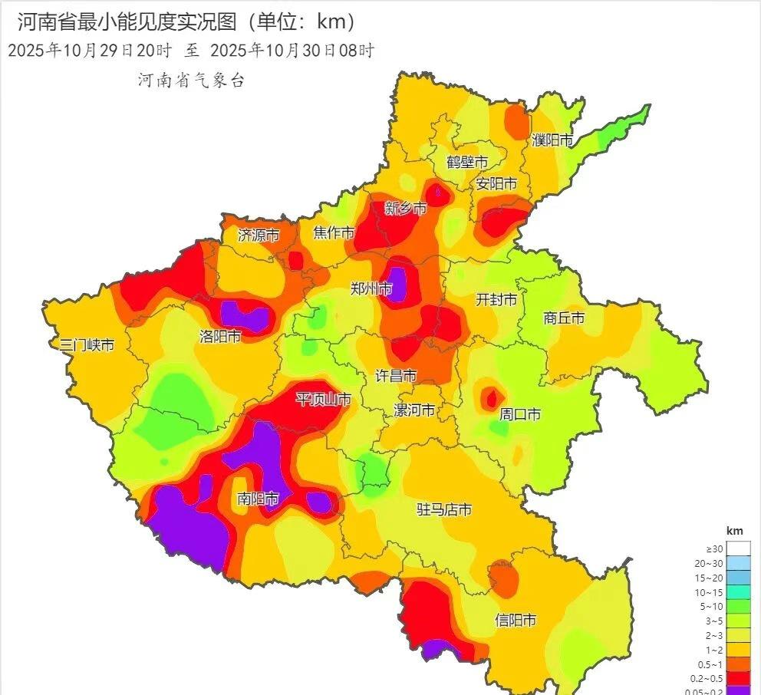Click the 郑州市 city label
point(371,288)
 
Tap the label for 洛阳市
point(220,336)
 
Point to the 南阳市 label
point(259,499)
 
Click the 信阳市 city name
point(515,621)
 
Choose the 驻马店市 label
point(443,509)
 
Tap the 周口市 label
point(519,414)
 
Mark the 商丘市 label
point(564,318)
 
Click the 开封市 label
point(496,299)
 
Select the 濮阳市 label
point(552,140)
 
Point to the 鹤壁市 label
point(467,162)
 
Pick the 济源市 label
point(258,235)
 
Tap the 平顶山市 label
point(323,399)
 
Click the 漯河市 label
point(414,410)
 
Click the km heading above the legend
point(734,531)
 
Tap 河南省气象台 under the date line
point(191,81)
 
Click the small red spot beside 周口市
point(489,397)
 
